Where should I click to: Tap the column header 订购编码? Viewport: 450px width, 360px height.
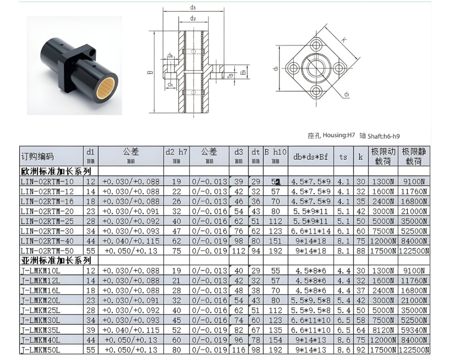(37, 157)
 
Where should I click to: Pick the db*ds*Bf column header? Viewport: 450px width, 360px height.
(310, 157)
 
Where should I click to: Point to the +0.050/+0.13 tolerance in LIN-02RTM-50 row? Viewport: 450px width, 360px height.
(130, 251)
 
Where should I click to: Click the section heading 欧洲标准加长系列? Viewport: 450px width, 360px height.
(56, 171)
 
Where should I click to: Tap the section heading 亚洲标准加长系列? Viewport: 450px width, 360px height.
(56, 261)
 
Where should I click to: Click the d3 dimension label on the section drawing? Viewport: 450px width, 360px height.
(193, 7)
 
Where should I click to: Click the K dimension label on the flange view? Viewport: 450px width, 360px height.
(344, 40)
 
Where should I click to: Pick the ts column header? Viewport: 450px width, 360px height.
(343, 157)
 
